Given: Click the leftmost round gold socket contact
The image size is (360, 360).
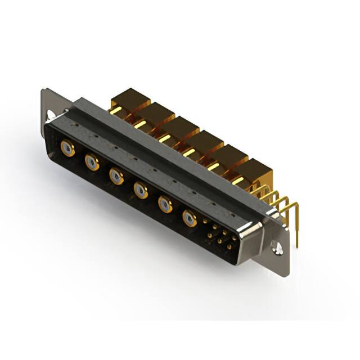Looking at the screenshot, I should [67, 149].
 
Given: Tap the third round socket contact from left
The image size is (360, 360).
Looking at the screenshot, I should [116, 177].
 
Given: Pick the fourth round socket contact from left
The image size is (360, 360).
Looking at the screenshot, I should [141, 190].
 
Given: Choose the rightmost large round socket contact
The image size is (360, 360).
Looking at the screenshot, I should [190, 217].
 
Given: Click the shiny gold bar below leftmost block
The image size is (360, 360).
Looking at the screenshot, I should [116, 111].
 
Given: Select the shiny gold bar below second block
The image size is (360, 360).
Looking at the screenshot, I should [140, 124].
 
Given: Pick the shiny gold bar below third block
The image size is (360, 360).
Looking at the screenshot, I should [164, 138].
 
